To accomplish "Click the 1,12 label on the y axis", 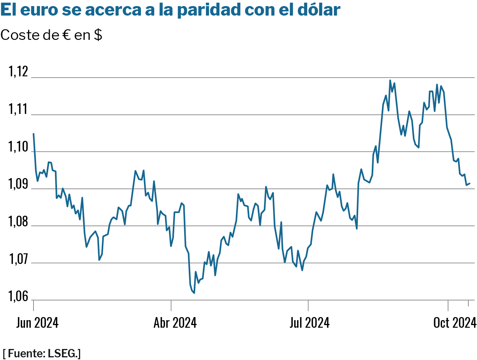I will click(x=18, y=71).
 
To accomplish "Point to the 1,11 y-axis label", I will click(x=18, y=109).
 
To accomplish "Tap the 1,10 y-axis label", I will click(x=18, y=146).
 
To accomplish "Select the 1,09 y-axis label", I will click(x=18, y=183).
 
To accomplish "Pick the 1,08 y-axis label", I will click(x=18, y=220).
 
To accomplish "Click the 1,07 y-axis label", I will click(x=18, y=257).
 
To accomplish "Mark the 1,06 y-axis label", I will click(x=18, y=295).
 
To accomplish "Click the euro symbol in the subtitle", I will click(x=66, y=35).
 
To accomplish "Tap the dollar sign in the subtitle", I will click(x=98, y=35).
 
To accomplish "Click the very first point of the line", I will click(x=33, y=134).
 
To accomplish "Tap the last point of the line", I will click(x=470, y=183).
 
